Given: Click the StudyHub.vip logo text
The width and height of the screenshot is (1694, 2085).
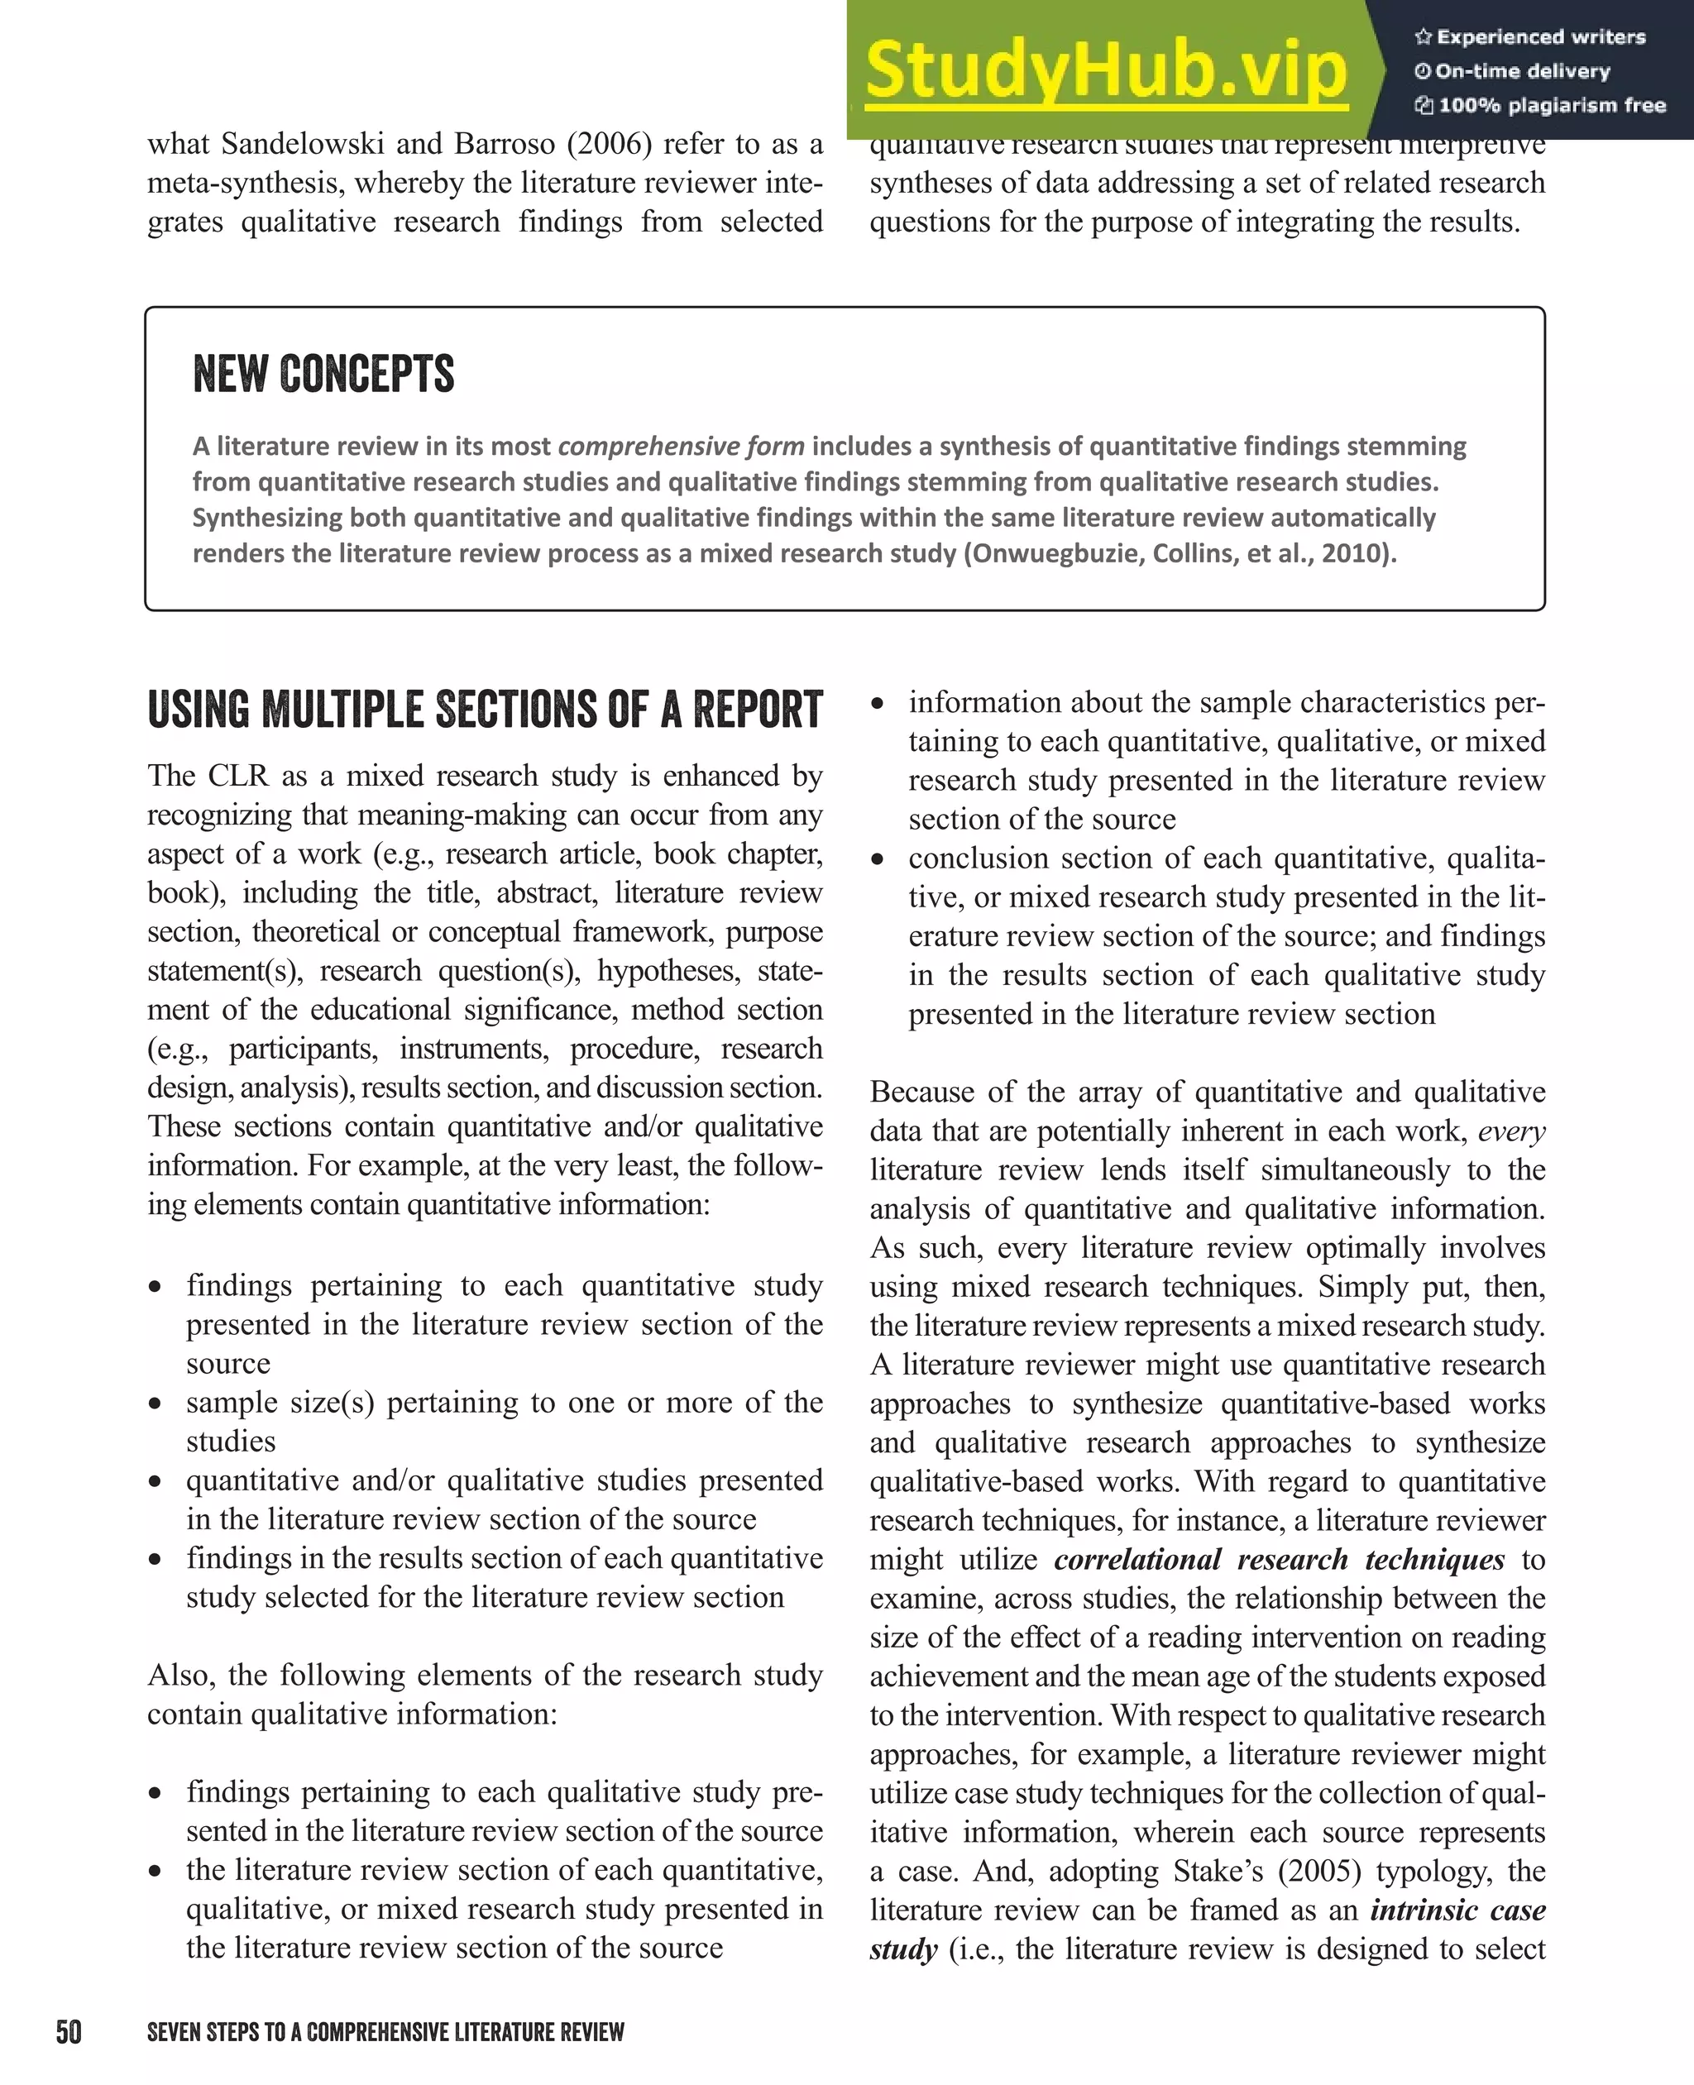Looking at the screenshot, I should pyautogui.click(x=1106, y=70).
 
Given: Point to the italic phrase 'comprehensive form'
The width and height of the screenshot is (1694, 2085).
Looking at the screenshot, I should pyautogui.click(x=680, y=446).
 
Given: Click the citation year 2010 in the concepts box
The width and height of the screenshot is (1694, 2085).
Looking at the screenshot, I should pyautogui.click(x=1353, y=553).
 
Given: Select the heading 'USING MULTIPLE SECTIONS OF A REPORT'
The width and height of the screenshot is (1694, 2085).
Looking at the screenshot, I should pyautogui.click(x=485, y=710).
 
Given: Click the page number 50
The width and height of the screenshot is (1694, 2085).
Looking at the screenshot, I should pyautogui.click(x=69, y=2031).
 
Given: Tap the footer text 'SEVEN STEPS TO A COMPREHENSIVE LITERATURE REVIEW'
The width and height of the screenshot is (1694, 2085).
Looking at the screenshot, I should pyautogui.click(x=385, y=2032).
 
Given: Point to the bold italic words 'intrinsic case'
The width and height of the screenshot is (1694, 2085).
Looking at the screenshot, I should pyautogui.click(x=1457, y=1910).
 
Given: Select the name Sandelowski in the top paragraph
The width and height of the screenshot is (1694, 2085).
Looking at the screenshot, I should pyautogui.click(x=303, y=145).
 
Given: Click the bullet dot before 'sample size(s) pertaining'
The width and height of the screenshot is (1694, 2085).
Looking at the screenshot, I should pyautogui.click(x=156, y=1404).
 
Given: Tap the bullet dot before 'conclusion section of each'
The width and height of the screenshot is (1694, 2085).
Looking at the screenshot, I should pyautogui.click(x=878, y=859).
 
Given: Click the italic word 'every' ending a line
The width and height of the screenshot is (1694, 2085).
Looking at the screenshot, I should pyautogui.click(x=1510, y=1131).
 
